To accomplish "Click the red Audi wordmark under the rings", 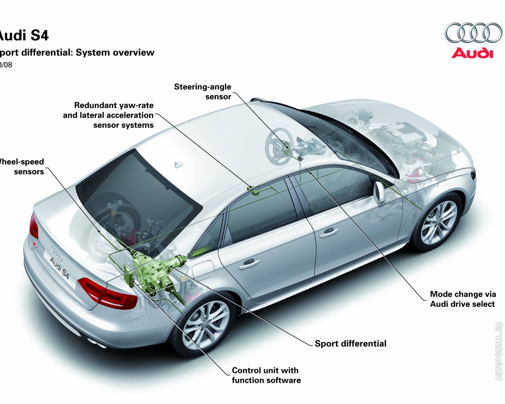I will (472, 53).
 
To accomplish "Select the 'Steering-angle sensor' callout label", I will (203, 92).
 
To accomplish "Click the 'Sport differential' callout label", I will (350, 344).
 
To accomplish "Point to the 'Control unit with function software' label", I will (266, 375).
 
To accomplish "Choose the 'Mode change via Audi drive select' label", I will (462, 299).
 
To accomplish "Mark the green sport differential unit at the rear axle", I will (151, 272).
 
